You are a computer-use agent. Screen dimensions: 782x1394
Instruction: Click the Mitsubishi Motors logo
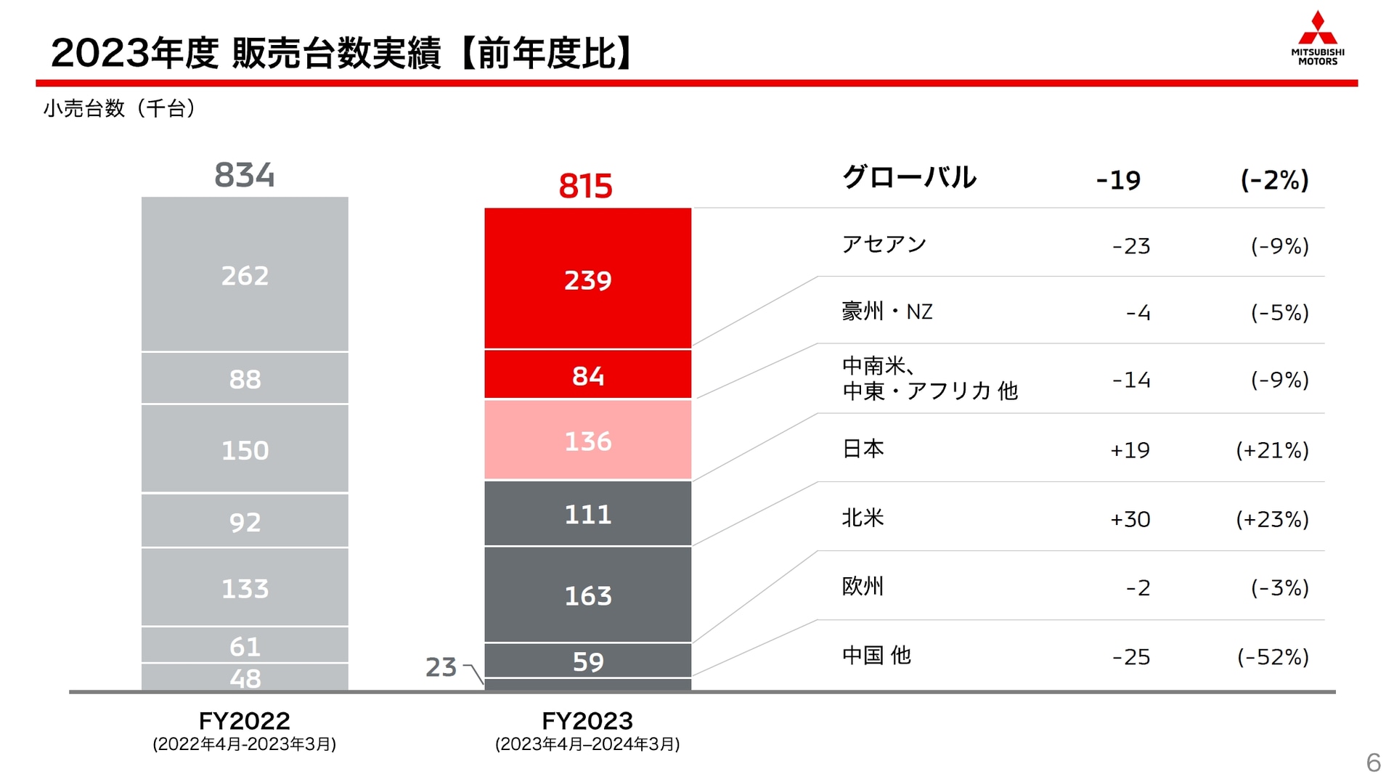pyautogui.click(x=1317, y=38)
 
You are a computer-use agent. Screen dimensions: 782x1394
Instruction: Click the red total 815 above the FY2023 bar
pyautogui.click(x=585, y=187)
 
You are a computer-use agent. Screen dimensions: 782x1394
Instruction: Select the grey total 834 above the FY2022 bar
pyautogui.click(x=245, y=175)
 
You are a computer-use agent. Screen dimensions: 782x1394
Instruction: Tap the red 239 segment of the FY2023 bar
pyautogui.click(x=587, y=280)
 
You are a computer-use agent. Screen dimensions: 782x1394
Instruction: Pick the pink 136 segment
pyautogui.click(x=587, y=441)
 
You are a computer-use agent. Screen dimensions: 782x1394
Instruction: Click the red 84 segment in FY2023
pyautogui.click(x=587, y=375)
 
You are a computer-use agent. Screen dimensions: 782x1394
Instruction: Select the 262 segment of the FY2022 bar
pyautogui.click(x=245, y=275)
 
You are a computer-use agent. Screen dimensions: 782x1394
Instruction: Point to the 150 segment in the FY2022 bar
pyautogui.click(x=245, y=450)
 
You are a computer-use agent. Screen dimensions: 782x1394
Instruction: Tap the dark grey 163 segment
pyautogui.click(x=587, y=595)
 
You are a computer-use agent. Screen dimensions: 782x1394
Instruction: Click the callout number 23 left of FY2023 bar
pyautogui.click(x=441, y=667)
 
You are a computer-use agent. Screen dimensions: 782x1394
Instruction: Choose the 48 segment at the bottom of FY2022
pyautogui.click(x=245, y=678)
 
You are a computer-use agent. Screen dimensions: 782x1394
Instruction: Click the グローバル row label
pyautogui.click(x=908, y=177)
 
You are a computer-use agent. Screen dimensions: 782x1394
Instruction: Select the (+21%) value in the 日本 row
pyautogui.click(x=1272, y=450)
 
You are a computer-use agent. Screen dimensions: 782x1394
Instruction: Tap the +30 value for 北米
pyautogui.click(x=1130, y=519)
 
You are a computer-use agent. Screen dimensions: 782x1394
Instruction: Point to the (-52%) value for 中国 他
pyautogui.click(x=1273, y=657)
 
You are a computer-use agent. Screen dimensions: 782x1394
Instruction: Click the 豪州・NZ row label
pyautogui.click(x=886, y=312)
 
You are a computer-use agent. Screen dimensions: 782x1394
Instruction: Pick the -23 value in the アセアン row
pyautogui.click(x=1130, y=246)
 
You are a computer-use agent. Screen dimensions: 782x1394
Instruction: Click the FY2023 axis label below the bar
pyautogui.click(x=587, y=721)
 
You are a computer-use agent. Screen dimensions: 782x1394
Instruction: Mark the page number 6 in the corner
pyautogui.click(x=1372, y=762)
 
